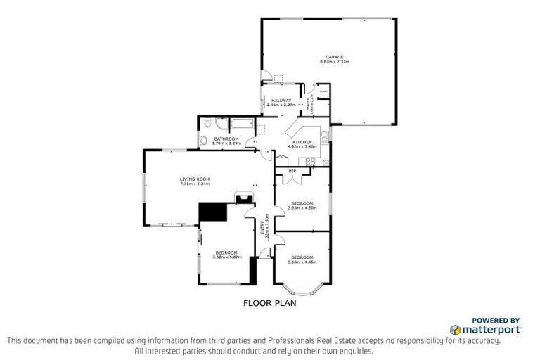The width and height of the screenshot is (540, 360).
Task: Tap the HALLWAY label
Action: pos(281,101)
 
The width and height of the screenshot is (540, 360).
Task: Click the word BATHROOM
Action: pos(226,139)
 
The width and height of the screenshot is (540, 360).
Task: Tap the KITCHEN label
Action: pos(302,142)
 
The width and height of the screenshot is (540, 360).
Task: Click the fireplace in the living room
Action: pos(245,198)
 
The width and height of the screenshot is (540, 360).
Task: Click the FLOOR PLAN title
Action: pos(269,304)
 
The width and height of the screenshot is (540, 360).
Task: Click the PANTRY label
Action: pos(308,105)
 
